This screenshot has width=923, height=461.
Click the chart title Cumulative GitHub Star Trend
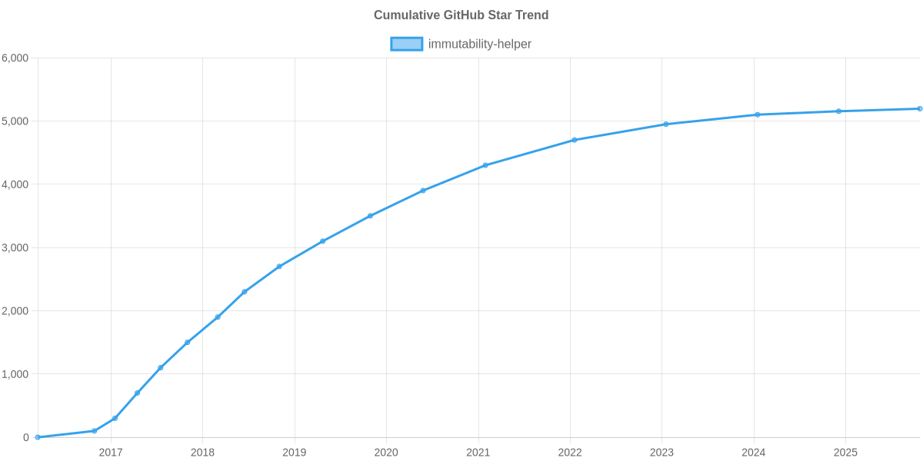[x=461, y=15]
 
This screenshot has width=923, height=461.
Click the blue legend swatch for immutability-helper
[x=406, y=44]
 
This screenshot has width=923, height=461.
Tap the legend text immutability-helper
[x=479, y=44]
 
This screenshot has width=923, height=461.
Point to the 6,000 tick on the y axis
[x=15, y=58]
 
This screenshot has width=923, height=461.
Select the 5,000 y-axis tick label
[x=15, y=121]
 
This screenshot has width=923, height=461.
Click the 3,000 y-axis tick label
[x=15, y=248]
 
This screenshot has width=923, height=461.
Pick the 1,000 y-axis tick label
[x=15, y=374]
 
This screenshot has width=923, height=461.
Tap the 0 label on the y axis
[x=26, y=438]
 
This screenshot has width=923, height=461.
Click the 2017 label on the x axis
[x=111, y=453]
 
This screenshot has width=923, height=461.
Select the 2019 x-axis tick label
[x=294, y=453]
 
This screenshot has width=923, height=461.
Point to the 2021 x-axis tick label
[x=478, y=453]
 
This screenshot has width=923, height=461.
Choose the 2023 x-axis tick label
[x=661, y=453]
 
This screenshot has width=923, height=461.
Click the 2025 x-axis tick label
[x=845, y=453]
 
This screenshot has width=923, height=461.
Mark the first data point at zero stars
[x=37, y=437]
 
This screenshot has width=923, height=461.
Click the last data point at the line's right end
[x=919, y=109]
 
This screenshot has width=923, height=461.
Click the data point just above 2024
[x=757, y=114]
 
